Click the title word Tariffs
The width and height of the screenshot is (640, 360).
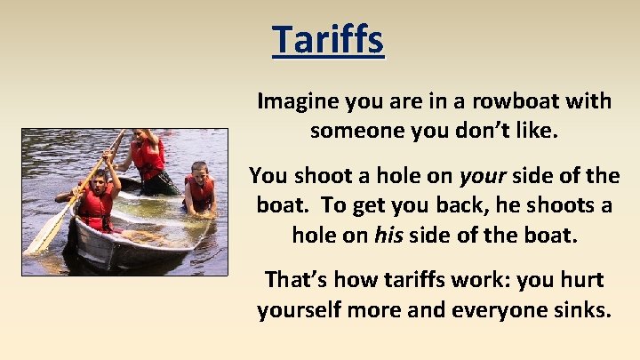pos(328,39)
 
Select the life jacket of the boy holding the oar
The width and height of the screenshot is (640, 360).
pos(96,208)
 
